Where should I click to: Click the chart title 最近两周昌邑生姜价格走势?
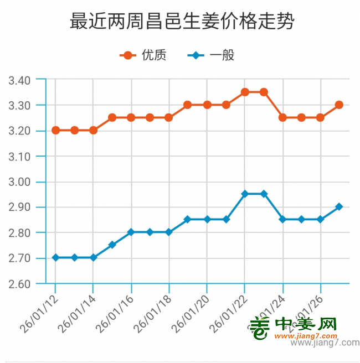click(182, 22)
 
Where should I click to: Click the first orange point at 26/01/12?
click(55, 131)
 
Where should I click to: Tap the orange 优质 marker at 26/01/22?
click(245, 92)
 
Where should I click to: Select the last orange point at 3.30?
click(339, 105)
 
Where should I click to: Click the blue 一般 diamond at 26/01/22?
click(245, 194)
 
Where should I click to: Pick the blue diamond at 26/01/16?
click(131, 232)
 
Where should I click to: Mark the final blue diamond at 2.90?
click(339, 207)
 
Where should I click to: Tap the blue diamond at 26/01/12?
click(55, 258)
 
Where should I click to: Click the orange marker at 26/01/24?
click(282, 118)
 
